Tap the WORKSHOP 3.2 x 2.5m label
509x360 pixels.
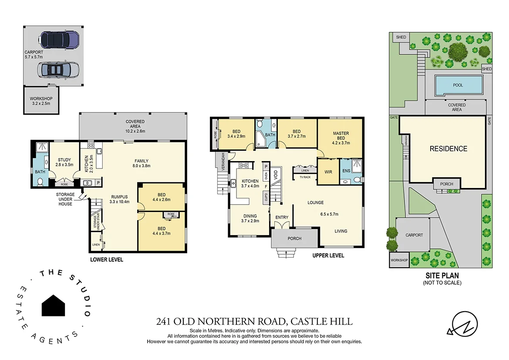(x=41, y=101)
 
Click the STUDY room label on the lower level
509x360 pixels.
(x=64, y=162)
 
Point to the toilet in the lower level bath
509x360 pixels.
(x=40, y=183)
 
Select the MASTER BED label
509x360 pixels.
(x=341, y=138)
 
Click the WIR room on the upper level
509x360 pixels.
(x=328, y=172)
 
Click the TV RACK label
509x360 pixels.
(x=305, y=177)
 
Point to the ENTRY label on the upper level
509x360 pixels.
(x=282, y=218)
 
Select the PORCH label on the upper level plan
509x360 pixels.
(x=294, y=239)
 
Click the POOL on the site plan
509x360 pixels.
(x=458, y=85)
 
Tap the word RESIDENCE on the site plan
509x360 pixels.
(x=448, y=149)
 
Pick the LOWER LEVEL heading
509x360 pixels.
(x=107, y=260)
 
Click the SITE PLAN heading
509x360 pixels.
(x=442, y=276)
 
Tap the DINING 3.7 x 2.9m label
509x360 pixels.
(x=250, y=218)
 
